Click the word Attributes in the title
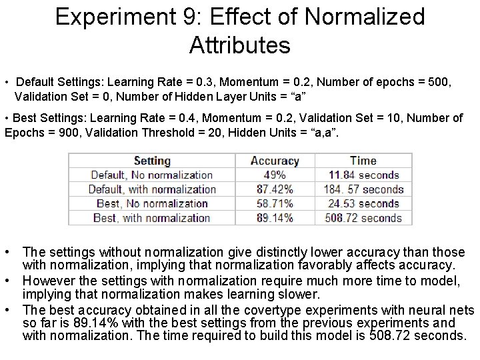(x=239, y=45)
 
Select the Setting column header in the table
(x=152, y=161)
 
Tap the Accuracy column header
(x=275, y=161)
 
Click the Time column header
(x=363, y=161)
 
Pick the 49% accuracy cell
(x=275, y=175)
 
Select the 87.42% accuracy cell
(x=275, y=189)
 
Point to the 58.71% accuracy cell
(x=275, y=203)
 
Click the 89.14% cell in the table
(x=275, y=218)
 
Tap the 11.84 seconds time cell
(x=363, y=175)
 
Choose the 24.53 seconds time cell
(x=363, y=203)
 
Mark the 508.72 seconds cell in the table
(x=363, y=218)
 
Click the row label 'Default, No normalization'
(x=151, y=175)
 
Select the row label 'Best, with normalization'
(x=152, y=218)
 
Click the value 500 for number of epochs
(x=439, y=83)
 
